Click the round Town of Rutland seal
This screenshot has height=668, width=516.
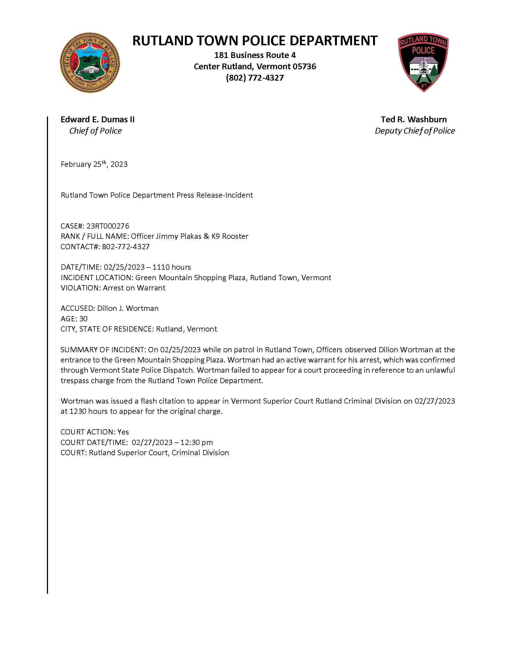coord(90,63)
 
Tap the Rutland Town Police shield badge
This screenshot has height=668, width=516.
coord(423,62)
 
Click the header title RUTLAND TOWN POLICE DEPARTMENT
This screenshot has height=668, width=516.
coord(255,41)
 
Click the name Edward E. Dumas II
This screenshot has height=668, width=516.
coord(97,120)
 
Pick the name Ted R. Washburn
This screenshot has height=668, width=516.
coord(414,120)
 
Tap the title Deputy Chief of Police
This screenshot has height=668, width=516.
coord(415,131)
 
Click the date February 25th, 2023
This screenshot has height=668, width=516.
coord(94,164)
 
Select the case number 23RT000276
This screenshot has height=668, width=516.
coord(108,226)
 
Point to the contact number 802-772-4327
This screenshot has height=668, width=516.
coord(126,247)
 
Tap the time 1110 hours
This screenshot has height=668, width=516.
coord(172,267)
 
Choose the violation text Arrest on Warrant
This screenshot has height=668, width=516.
coord(134,288)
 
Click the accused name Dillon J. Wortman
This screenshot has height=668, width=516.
coord(128,308)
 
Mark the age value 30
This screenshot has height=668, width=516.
coord(83,319)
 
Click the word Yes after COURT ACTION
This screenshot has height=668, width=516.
coord(123,432)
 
